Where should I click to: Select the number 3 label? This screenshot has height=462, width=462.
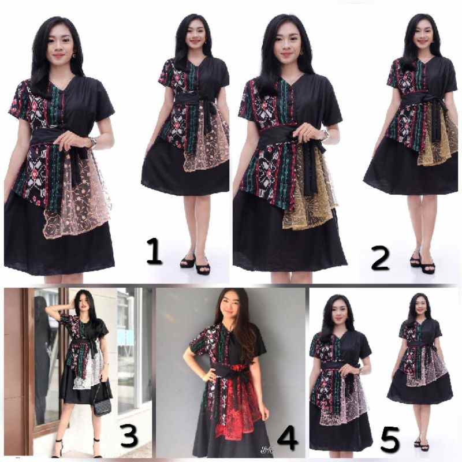(129, 437)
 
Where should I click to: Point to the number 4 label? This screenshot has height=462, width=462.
(287, 439)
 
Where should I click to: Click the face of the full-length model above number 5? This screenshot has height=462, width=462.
(420, 305)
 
